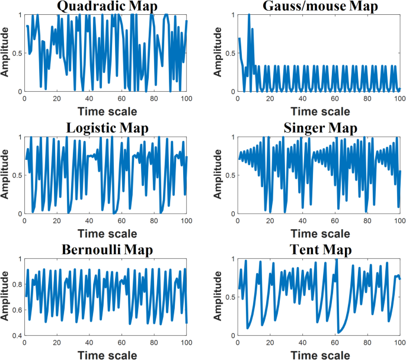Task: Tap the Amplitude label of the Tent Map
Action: (x=219, y=297)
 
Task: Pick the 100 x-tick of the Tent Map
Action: (x=399, y=343)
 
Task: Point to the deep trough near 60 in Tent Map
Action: (x=338, y=333)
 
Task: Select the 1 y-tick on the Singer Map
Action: (x=232, y=137)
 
